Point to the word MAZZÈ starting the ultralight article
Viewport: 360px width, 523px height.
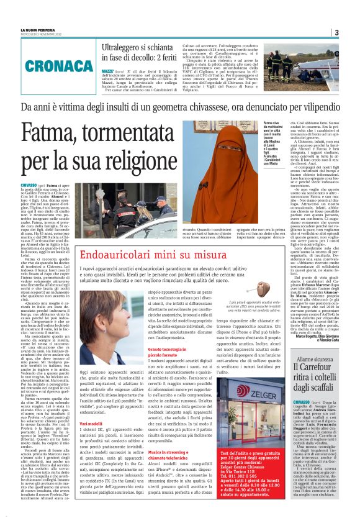(107, 71)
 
